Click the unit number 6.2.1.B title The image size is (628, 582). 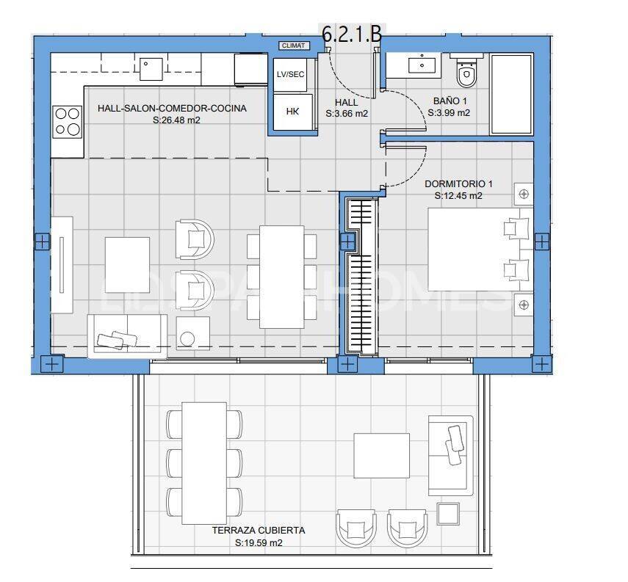(x=352, y=34)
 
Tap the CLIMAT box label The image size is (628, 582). (x=295, y=46)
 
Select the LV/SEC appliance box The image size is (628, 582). (x=290, y=75)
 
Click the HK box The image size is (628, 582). (x=292, y=112)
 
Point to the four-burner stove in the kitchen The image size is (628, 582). (x=68, y=122)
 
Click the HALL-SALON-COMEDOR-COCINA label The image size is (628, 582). (x=172, y=109)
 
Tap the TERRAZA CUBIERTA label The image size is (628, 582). (x=258, y=530)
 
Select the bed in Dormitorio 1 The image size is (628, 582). (x=477, y=250)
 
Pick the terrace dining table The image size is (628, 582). (x=204, y=461)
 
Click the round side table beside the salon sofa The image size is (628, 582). (x=188, y=338)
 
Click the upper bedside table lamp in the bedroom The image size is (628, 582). (x=523, y=194)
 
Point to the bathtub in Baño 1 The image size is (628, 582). (x=511, y=93)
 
